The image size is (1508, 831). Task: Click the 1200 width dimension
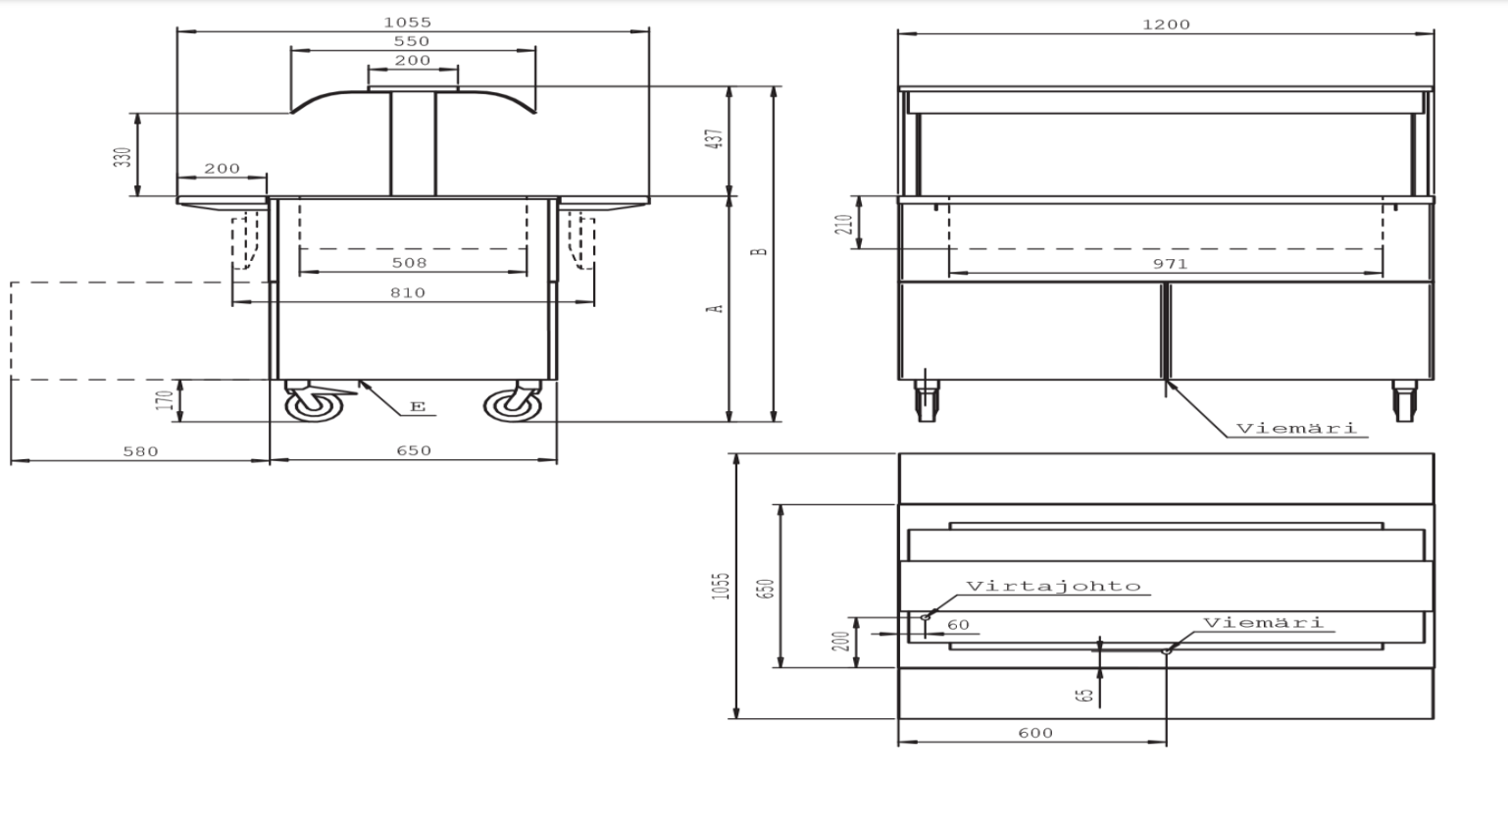pos(1166,25)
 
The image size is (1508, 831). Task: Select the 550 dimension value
pos(412,42)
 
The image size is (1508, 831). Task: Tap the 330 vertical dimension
pos(123,157)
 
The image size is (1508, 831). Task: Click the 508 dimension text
pos(409,263)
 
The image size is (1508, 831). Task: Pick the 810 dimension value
pos(408,293)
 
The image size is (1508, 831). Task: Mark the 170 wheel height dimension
pos(165,400)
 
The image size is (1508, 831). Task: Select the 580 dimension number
pos(141,451)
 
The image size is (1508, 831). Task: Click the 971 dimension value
pos(1170,264)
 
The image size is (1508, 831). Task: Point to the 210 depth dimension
pos(844,224)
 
